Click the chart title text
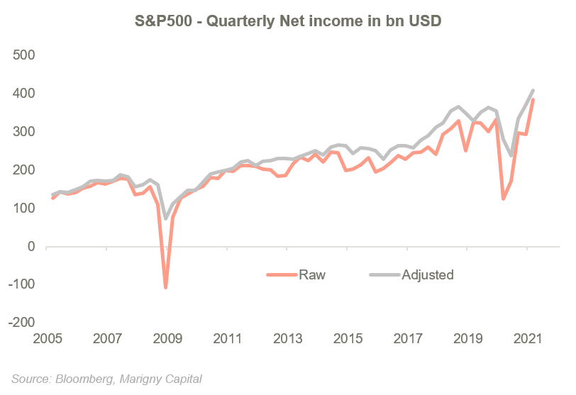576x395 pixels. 288,22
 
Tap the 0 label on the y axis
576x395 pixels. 30,247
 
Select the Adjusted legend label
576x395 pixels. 427,274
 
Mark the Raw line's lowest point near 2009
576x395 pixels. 165,288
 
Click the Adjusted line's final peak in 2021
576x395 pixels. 533,89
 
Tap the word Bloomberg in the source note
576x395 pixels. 79,378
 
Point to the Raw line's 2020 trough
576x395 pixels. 503,199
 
